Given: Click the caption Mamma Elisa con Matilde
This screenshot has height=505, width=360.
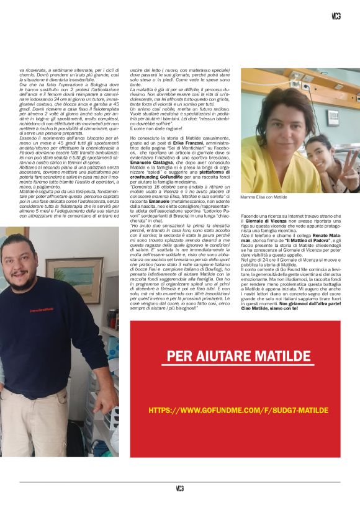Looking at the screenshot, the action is pyautogui.click(x=264, y=196).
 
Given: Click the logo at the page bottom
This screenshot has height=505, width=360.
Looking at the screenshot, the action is pyautogui.click(x=180, y=488).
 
